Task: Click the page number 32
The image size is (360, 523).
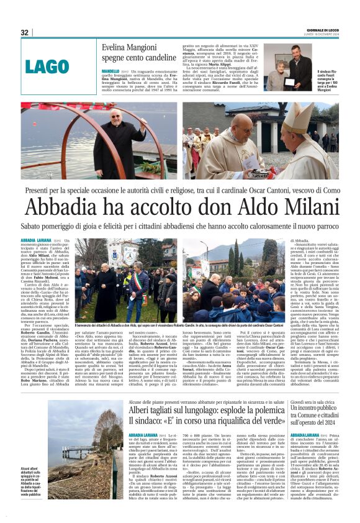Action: coord(25,32)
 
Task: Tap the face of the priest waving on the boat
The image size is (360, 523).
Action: coord(115,117)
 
